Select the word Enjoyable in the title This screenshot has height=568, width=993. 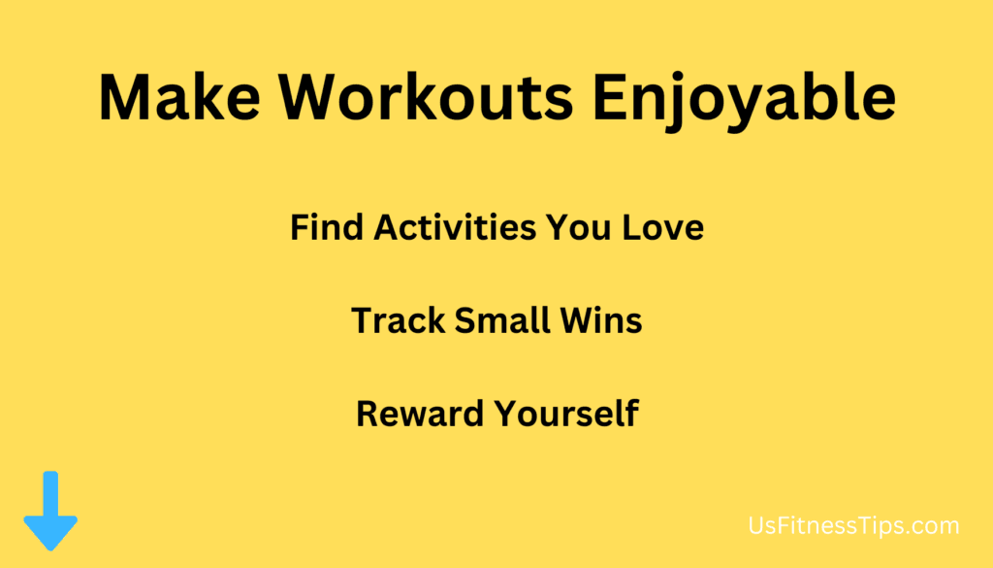(744, 101)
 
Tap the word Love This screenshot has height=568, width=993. (662, 227)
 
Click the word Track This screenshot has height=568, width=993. (399, 320)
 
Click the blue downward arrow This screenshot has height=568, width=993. (50, 511)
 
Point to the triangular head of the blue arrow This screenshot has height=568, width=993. (50, 532)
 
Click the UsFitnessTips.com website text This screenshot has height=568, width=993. (853, 526)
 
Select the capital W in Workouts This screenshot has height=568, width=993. (311, 97)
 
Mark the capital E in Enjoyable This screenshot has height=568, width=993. (609, 97)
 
